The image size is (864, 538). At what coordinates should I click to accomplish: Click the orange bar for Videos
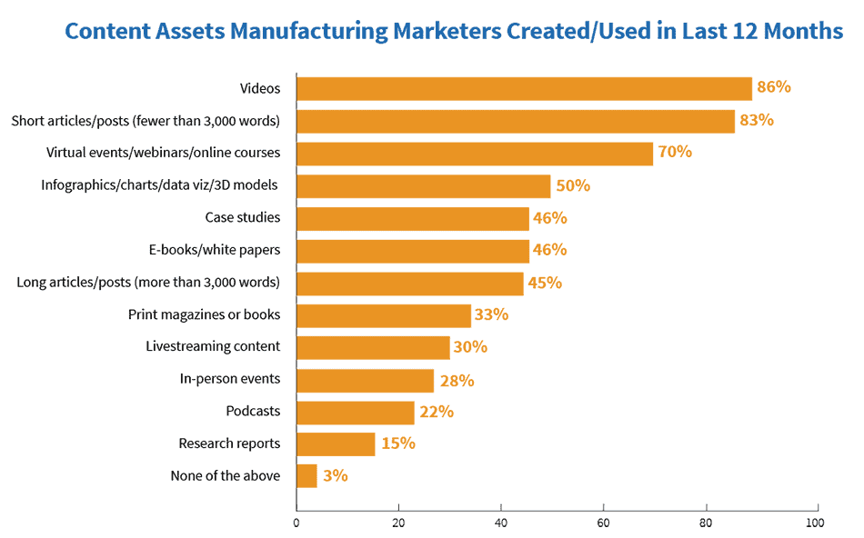(x=524, y=88)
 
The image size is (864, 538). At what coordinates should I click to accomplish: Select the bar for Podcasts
(x=355, y=412)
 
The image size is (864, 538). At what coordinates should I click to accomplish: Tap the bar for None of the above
(x=306, y=476)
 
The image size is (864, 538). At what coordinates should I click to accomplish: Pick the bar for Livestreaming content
(x=373, y=347)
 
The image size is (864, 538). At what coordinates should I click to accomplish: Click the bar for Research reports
(x=336, y=443)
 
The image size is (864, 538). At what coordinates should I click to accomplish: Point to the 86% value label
(x=774, y=87)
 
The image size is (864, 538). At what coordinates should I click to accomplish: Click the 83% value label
(x=756, y=120)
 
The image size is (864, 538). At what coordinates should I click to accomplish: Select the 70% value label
(x=675, y=152)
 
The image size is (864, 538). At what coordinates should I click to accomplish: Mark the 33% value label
(x=491, y=314)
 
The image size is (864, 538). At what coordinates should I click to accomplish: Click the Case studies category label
(x=242, y=217)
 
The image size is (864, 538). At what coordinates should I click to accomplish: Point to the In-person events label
(x=230, y=379)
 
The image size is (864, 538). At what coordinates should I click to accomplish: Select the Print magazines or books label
(x=204, y=314)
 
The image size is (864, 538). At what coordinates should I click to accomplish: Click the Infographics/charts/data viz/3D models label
(x=160, y=185)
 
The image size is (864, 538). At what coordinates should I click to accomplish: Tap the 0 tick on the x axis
(x=296, y=523)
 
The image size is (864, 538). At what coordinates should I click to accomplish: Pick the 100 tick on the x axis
(x=815, y=523)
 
